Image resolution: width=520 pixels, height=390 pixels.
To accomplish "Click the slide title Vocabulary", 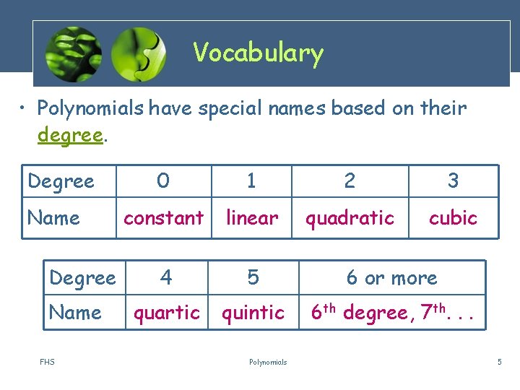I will (258, 53).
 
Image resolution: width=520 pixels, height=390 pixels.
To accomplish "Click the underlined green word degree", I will (70, 136).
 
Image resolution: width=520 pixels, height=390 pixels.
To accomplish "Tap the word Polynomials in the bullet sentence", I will (91, 108).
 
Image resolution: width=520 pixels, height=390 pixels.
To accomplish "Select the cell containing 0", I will (163, 181).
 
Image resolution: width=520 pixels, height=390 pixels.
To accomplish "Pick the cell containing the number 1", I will (251, 181).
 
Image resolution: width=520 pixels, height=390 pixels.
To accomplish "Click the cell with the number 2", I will (350, 181).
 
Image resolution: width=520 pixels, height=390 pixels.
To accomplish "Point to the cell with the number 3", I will (453, 181).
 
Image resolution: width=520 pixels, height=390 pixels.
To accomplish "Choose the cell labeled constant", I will (163, 217).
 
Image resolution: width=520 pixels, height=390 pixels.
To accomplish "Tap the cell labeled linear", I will (251, 217).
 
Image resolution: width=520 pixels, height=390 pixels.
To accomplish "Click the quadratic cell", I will (350, 217).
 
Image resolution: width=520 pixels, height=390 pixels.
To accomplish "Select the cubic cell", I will (453, 217).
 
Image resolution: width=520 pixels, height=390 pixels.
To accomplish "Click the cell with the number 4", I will (166, 278).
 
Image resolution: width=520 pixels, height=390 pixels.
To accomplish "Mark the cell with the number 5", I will (253, 278).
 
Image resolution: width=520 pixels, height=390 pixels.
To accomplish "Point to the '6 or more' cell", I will (391, 278).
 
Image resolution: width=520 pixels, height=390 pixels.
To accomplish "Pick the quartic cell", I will (167, 313).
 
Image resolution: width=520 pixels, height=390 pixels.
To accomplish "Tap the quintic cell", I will (253, 313).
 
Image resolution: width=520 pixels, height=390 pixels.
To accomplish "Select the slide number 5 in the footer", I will (499, 362).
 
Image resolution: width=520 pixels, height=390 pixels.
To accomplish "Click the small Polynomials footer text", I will (268, 362).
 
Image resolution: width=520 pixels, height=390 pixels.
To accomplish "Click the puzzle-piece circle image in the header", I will (139, 53).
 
